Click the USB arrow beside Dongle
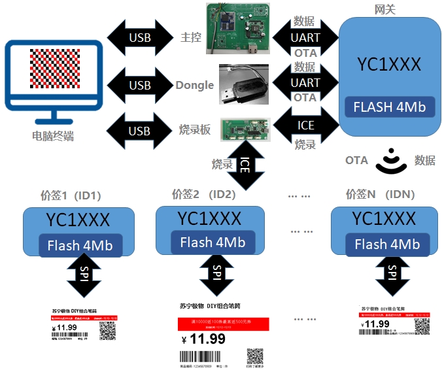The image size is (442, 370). [139, 85]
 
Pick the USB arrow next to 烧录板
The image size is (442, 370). [139, 130]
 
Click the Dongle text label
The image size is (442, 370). [194, 85]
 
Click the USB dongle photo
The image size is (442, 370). [243, 84]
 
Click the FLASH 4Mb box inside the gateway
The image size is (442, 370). [390, 107]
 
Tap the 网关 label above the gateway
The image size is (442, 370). [386, 9]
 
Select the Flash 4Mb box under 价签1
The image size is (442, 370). [79, 246]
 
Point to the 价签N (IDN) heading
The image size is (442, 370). [381, 194]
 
